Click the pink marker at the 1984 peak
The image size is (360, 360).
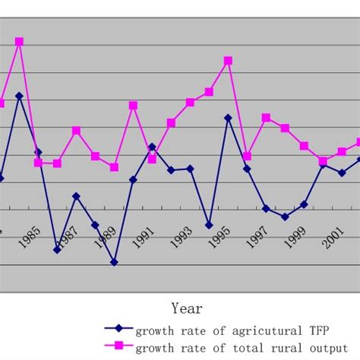tap(19, 41)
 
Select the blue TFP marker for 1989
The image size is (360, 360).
tap(114, 262)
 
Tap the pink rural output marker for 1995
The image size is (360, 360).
tap(228, 60)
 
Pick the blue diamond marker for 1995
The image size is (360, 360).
tap(228, 118)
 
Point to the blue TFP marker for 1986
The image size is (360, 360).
tap(57, 249)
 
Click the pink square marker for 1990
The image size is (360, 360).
tap(133, 105)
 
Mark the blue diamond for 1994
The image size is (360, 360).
tap(209, 225)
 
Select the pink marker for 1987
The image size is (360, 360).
tap(76, 131)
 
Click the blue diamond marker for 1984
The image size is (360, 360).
tap(19, 96)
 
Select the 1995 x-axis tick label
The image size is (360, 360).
tap(219, 238)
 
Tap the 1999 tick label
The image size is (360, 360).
tap(295, 238)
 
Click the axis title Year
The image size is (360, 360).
tap(187, 308)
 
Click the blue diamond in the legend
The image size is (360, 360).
tap(118, 330)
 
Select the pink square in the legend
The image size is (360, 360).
tap(118, 346)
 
